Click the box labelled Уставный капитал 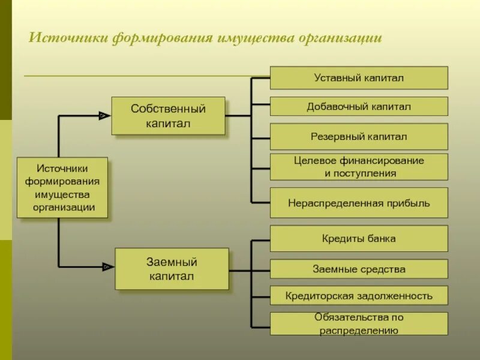[359, 78]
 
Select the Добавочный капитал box [359, 106]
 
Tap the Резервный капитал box [359, 136]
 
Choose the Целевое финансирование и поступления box [359, 167]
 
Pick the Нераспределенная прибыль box [359, 203]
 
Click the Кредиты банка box [359, 238]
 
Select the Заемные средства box [359, 269]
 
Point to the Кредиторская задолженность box [359, 296]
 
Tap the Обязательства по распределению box [359, 323]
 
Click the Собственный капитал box [168, 116]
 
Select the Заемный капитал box [172, 269]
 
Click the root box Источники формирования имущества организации [62, 188]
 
